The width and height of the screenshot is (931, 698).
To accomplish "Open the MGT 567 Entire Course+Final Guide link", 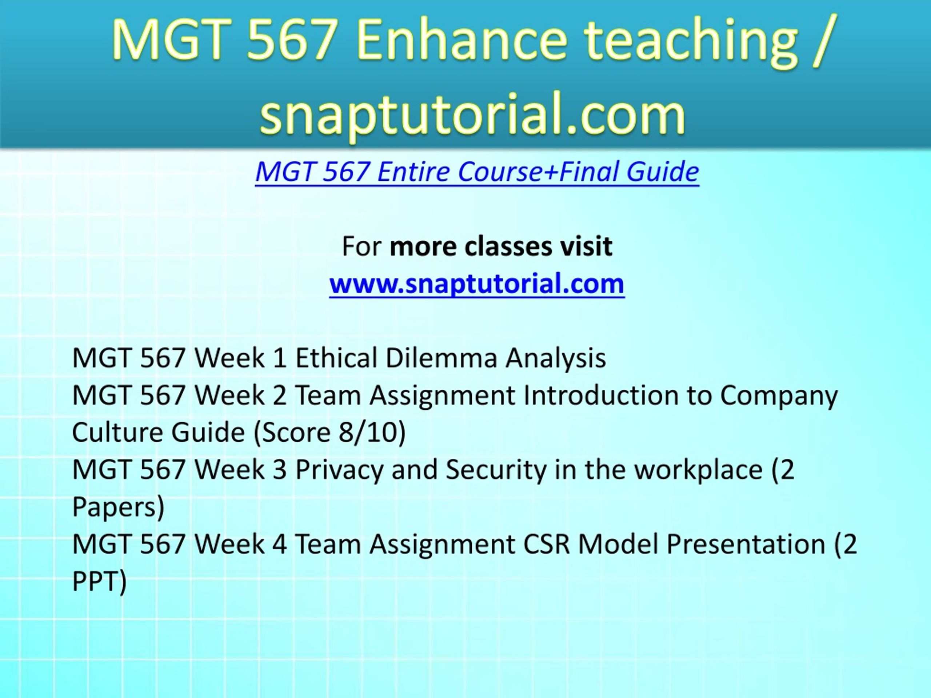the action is pyautogui.click(x=477, y=172).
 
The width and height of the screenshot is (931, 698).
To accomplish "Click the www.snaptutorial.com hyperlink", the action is pyautogui.click(x=477, y=284).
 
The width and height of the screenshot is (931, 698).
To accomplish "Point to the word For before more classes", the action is pyautogui.click(x=361, y=246).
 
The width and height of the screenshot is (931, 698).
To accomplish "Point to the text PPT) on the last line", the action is pyautogui.click(x=99, y=581).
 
